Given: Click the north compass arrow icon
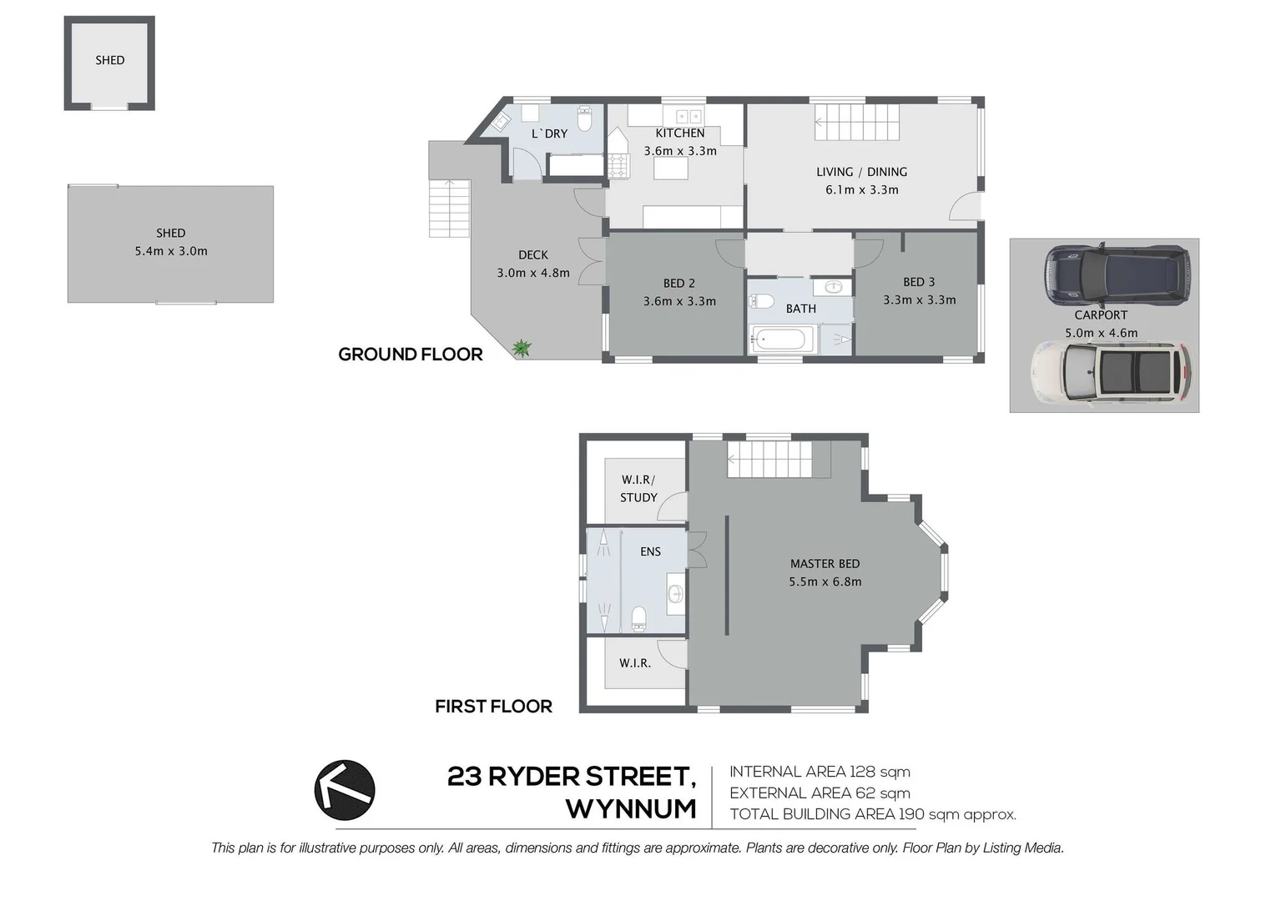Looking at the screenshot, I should [x=345, y=790].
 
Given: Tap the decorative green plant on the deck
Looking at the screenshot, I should [x=522, y=348].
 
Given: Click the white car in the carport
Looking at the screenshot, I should [x=1111, y=372].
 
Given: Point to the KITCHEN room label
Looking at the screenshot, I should [x=679, y=133].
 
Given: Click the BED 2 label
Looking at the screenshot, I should [x=679, y=284].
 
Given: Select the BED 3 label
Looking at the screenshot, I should [x=919, y=282].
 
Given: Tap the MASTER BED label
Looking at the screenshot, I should [x=825, y=564].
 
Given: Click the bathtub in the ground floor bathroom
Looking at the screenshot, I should [x=781, y=340].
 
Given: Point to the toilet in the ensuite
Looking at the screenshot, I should [x=639, y=618].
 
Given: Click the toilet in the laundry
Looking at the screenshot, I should [x=584, y=119].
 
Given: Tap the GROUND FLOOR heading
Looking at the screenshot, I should [x=411, y=355].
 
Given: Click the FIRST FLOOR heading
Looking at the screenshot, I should [x=493, y=707].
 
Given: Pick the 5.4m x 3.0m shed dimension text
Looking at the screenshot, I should [x=171, y=251].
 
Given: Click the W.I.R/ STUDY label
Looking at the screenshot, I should [x=638, y=489].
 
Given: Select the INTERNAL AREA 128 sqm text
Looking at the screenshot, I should [x=820, y=772].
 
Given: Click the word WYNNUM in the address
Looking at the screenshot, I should [x=631, y=809].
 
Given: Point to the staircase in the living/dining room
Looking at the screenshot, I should [x=857, y=123].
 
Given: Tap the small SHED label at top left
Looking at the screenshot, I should [x=109, y=60].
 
